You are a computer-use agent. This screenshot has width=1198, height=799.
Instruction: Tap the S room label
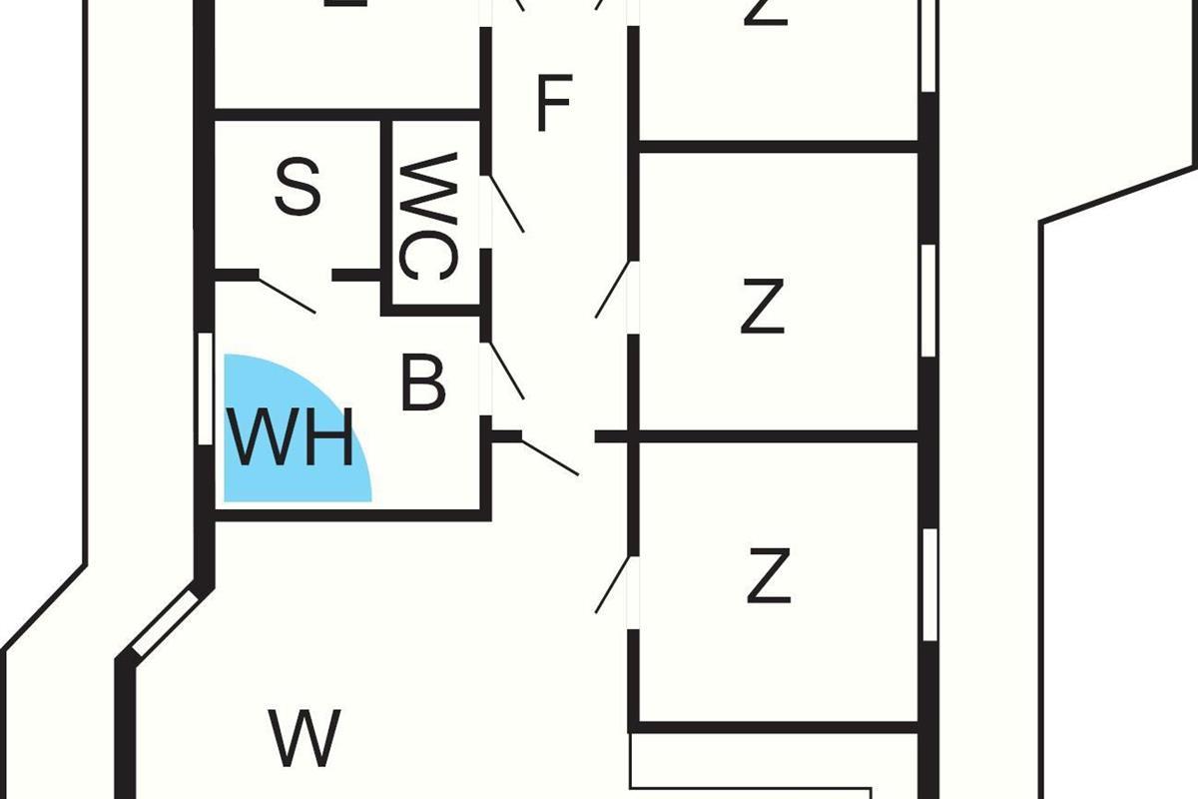coord(298,188)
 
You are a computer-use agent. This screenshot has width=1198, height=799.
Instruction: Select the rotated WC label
coord(427,216)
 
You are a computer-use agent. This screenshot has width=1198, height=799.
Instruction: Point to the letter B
coord(422,383)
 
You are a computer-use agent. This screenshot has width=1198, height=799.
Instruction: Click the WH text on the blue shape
coord(291,438)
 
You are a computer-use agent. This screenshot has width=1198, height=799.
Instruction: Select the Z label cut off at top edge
coord(767,12)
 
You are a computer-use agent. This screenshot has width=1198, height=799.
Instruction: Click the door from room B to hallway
coord(504,371)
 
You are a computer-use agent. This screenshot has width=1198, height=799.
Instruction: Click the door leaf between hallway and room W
coord(549,456)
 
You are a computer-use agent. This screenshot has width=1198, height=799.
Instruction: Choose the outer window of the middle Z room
coord(927,300)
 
